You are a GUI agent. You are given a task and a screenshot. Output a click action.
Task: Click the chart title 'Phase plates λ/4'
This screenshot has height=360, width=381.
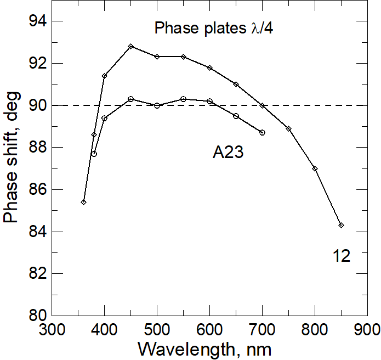pyautogui.click(x=213, y=28)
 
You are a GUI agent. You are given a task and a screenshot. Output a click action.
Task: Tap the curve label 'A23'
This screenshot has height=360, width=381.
pyautogui.click(x=228, y=153)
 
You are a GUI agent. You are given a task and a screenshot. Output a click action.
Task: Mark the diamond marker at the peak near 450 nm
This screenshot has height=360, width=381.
pyautogui.click(x=130, y=47)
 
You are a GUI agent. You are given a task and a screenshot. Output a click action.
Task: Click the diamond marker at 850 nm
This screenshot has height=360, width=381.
pyautogui.click(x=341, y=225)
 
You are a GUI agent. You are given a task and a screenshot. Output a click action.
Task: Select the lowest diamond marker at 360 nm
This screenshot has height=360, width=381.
pyautogui.click(x=83, y=202)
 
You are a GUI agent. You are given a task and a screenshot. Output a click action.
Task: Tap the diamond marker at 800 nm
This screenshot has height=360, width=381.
pyautogui.click(x=315, y=168)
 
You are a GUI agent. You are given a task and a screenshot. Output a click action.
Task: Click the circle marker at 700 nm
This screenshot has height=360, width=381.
pyautogui.click(x=262, y=133)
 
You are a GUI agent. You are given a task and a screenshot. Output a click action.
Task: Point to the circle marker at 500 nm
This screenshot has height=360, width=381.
pyautogui.click(x=157, y=105)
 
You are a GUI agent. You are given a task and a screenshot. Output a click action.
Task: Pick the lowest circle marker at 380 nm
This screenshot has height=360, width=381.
pyautogui.click(x=94, y=154)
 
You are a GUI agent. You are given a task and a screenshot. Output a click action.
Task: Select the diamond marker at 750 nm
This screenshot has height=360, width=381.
pyautogui.click(x=288, y=128)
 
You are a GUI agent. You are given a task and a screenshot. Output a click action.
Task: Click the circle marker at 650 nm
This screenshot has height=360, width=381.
pyautogui.click(x=236, y=116)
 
